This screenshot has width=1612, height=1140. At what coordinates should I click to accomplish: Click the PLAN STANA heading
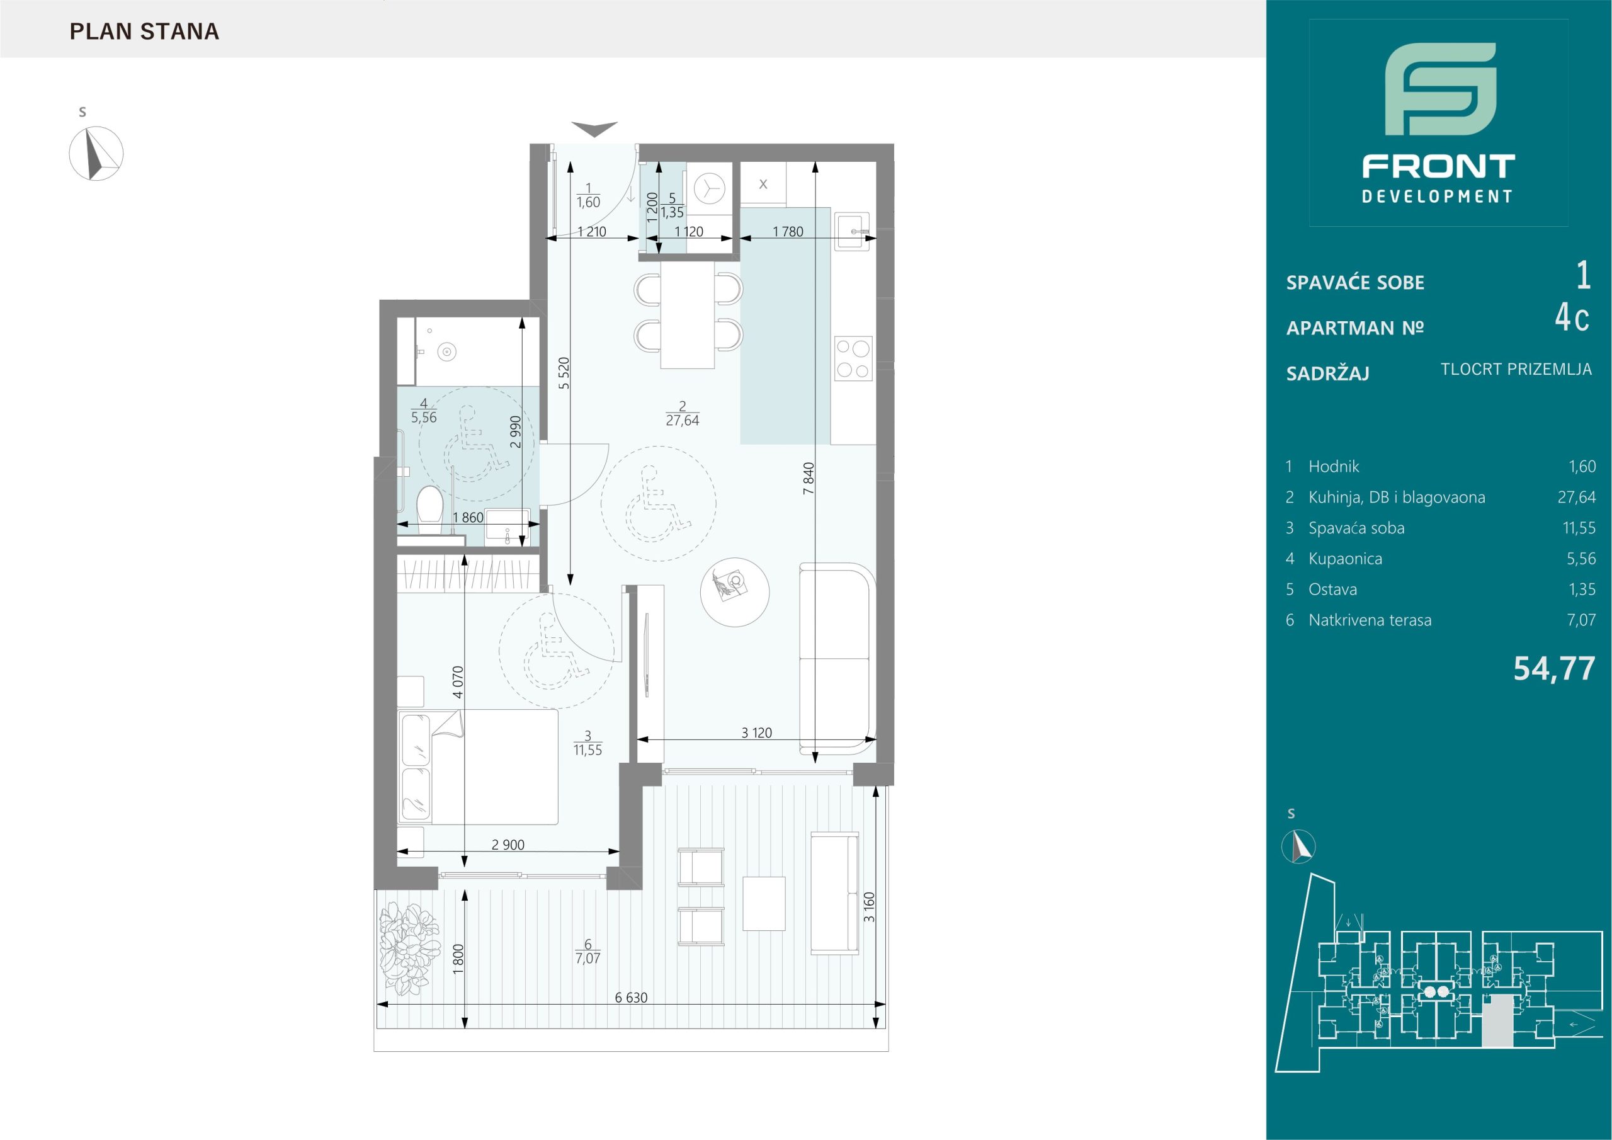(x=145, y=31)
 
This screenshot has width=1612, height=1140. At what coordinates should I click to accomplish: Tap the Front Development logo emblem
(x=1440, y=98)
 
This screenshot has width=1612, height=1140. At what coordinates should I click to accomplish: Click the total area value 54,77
(x=1553, y=669)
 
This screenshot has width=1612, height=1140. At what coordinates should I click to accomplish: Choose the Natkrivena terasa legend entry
(x=1369, y=620)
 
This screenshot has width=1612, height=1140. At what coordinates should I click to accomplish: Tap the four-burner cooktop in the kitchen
(x=853, y=358)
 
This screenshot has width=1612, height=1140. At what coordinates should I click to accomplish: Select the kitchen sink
(x=853, y=231)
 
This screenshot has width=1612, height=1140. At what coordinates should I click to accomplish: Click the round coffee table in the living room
(x=734, y=593)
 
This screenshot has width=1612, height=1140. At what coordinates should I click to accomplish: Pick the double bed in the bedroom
(x=478, y=767)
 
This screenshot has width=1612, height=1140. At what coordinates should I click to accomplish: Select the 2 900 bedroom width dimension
(x=508, y=845)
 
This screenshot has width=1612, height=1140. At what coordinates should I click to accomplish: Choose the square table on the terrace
(x=764, y=903)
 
